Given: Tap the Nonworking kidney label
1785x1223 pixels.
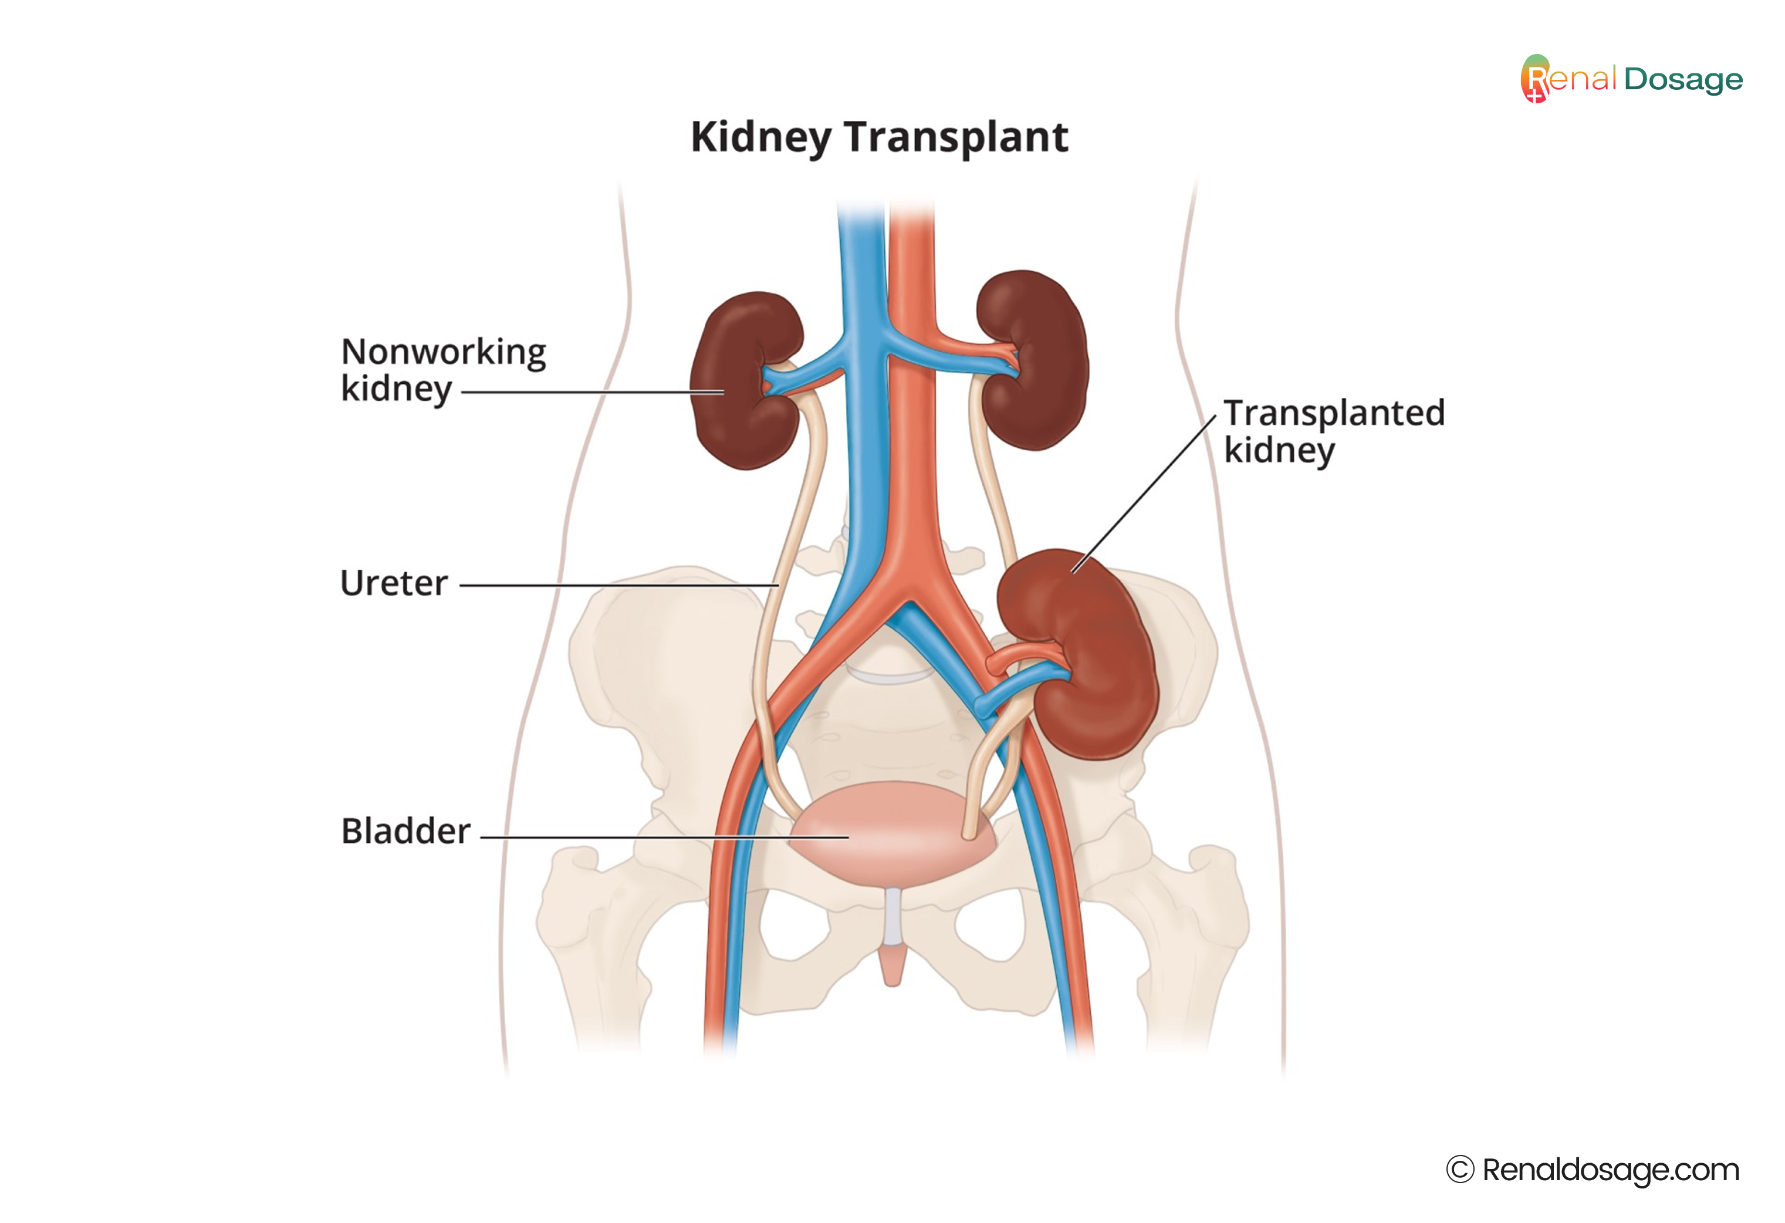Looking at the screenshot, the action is pos(443,370).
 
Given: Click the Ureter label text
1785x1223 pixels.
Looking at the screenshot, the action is pos(394,584).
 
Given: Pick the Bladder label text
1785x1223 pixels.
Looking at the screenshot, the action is pos(405,831).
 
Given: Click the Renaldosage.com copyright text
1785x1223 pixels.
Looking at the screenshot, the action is pos(1611,1170).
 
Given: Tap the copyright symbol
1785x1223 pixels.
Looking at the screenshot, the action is pos(1460,1170).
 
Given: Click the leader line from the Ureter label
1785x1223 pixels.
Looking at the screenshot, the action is pos(619,585).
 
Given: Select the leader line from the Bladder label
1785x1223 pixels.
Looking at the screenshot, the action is pos(664,837).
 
